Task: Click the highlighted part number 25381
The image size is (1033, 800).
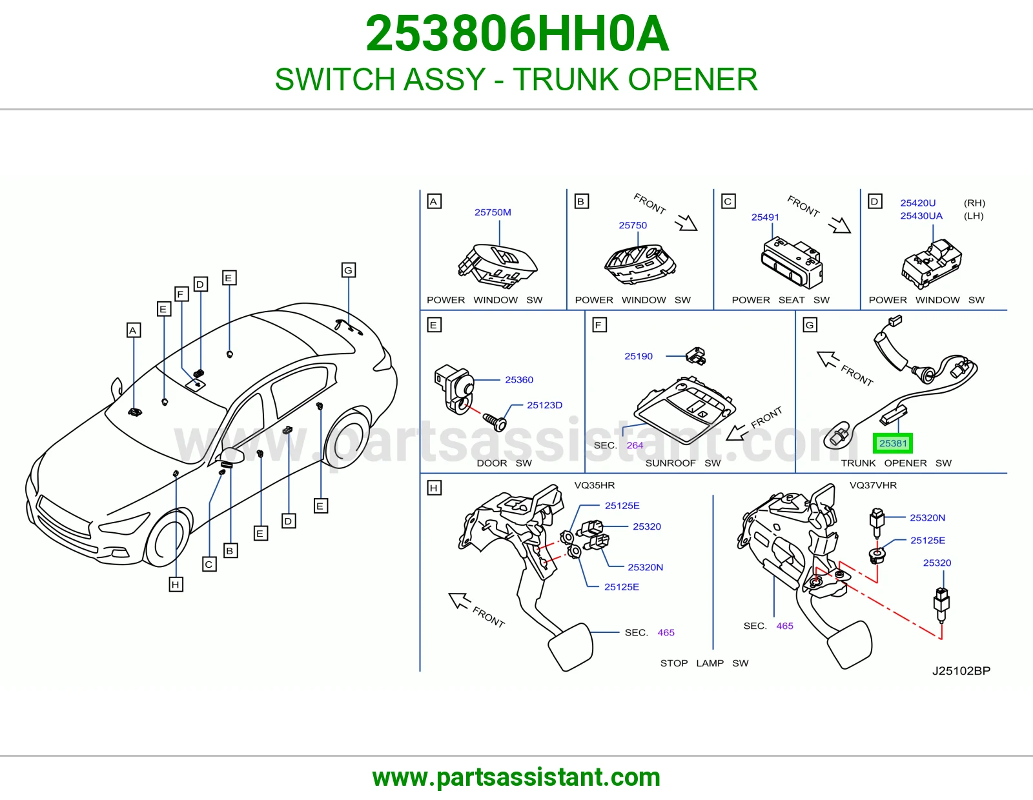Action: point(893,443)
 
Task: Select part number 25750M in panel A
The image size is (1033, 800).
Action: point(493,212)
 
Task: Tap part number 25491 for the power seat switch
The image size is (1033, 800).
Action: point(765,217)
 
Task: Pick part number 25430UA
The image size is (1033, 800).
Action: point(921,215)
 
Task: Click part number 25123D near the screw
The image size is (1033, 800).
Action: point(544,405)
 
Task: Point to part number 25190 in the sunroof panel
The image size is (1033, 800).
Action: point(639,356)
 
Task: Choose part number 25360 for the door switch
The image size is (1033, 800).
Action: point(519,380)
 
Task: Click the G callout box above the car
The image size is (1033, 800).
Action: point(349,270)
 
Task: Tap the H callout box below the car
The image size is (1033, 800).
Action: point(176,585)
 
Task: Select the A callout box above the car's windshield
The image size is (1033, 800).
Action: point(134,330)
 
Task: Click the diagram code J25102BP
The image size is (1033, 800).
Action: point(961,671)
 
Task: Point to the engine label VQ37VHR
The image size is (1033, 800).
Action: point(874,486)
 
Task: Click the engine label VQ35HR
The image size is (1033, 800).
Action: point(594,486)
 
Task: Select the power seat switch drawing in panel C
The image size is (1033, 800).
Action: point(792,263)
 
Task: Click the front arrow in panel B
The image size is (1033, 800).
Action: point(686,223)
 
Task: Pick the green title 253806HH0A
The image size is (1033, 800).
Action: point(516,34)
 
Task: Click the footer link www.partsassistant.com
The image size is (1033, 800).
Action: point(516,777)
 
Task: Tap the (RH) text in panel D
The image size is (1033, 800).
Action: point(974,203)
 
